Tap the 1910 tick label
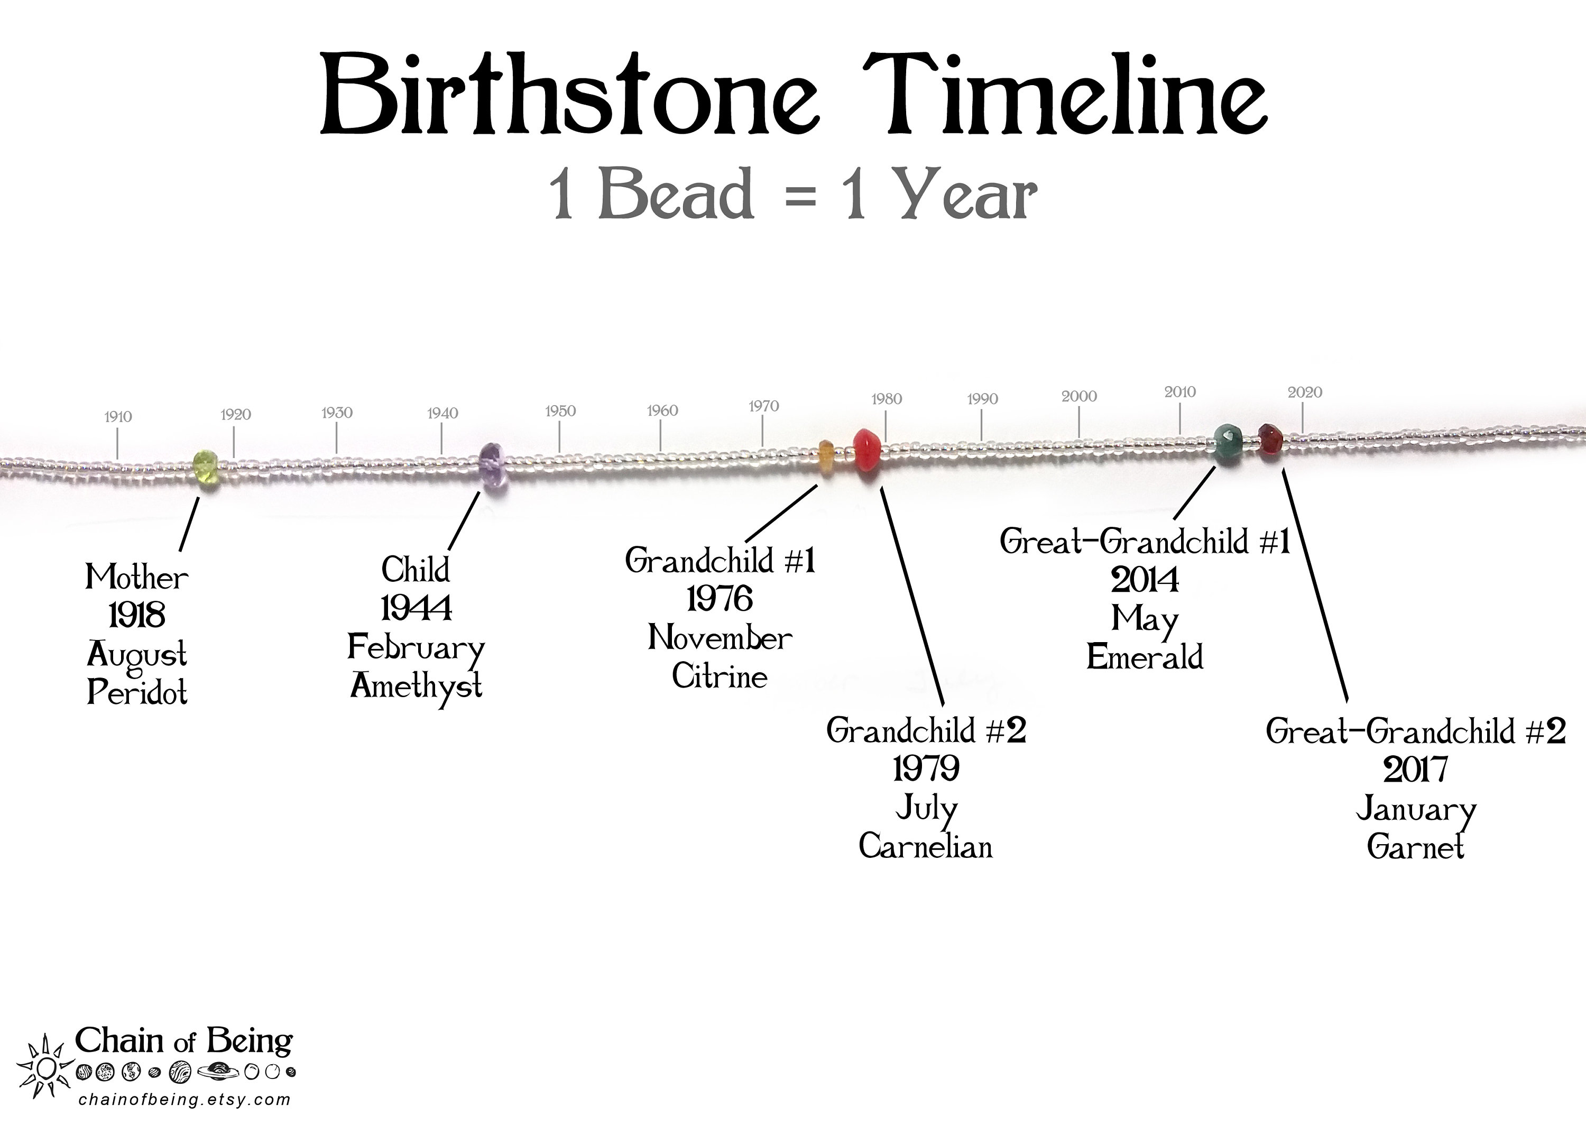pos(118,417)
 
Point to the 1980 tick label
pos(887,399)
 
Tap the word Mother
pos(136,577)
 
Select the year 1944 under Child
pos(416,608)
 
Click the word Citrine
pos(720,676)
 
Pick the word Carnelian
pos(926,846)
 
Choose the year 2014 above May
pos(1145,580)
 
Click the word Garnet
pos(1416,846)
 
